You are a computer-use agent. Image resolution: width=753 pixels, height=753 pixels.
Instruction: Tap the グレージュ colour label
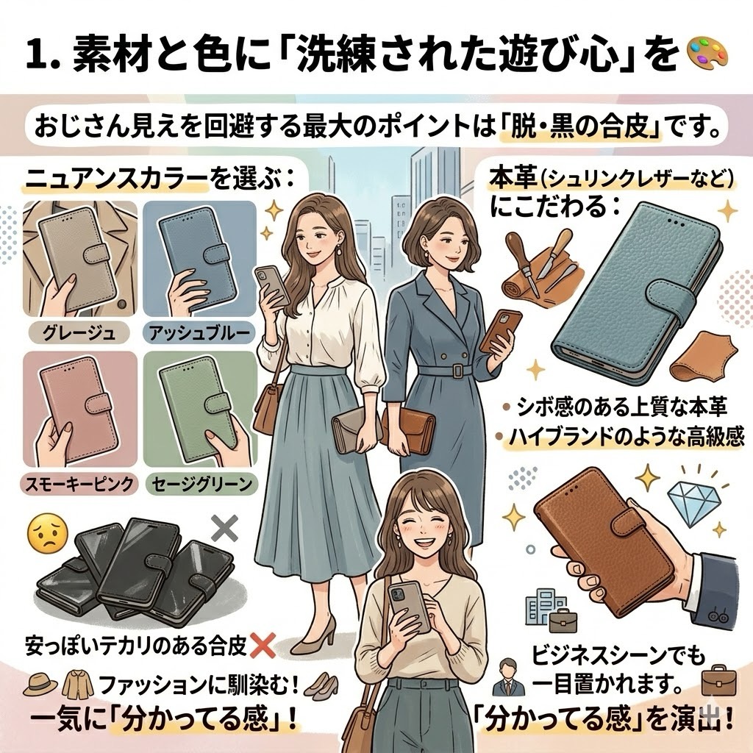[79, 332]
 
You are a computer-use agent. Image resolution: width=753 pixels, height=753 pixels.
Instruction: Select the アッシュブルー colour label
[199, 332]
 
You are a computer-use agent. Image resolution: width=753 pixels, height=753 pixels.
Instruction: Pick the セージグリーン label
[201, 484]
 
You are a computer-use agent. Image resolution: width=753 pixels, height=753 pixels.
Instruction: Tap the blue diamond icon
[693, 502]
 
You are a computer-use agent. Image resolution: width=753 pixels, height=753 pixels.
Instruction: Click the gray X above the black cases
[225, 527]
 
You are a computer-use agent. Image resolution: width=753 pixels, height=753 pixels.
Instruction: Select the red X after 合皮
[263, 646]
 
